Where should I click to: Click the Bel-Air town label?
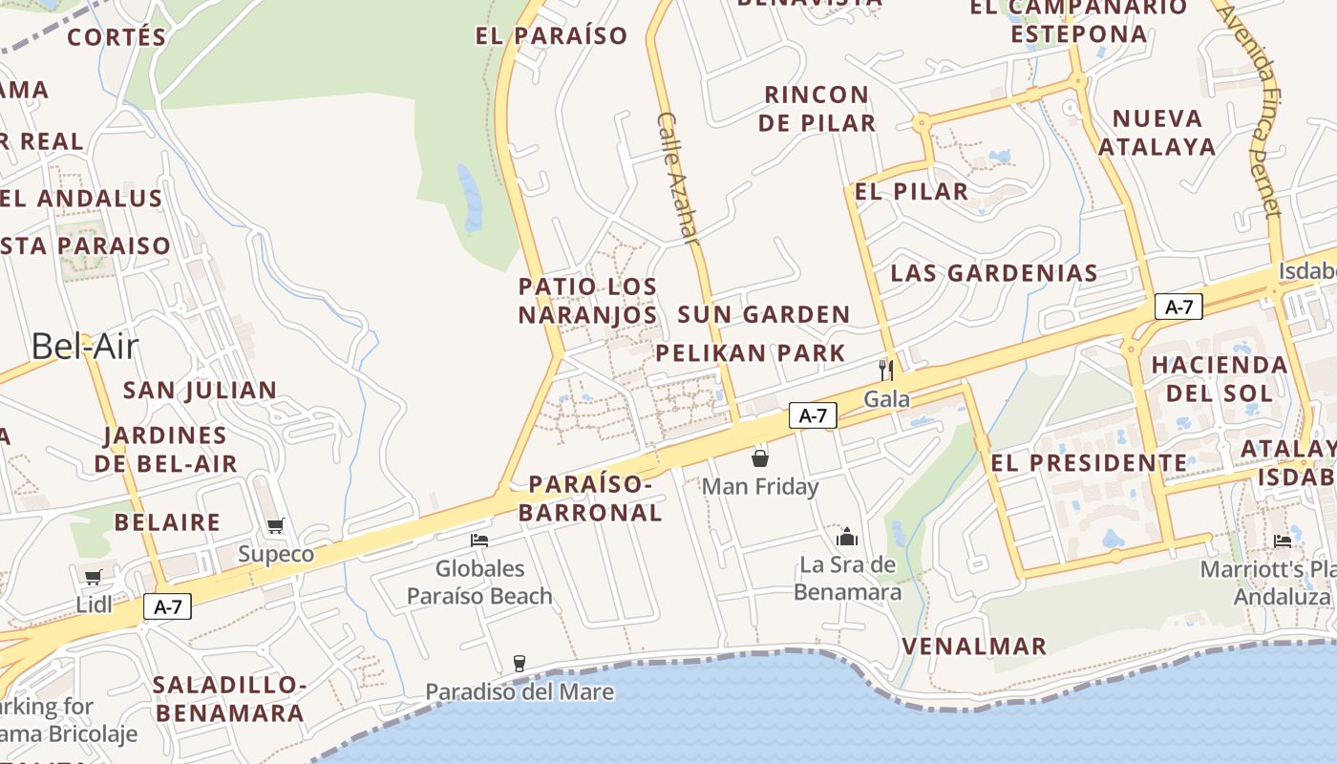coord(85,346)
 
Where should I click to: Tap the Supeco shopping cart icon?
coord(276,525)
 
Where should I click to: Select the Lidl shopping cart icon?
coord(94,577)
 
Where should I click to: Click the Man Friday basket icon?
coord(760,458)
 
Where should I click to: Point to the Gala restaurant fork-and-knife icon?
coord(886,370)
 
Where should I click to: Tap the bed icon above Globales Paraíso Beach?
coord(479,541)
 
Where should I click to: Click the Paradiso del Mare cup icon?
coord(520,663)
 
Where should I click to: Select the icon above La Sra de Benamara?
coord(847,537)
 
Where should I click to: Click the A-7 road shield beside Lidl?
coord(168,605)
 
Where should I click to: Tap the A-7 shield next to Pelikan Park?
coord(813,415)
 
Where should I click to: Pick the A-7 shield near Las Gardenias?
coord(1178,307)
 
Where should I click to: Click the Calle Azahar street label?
coord(679,178)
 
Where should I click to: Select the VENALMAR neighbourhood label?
coord(974,647)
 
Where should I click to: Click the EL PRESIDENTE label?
coord(1090,463)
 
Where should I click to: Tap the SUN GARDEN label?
coord(764,314)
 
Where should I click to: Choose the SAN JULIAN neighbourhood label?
coord(201,390)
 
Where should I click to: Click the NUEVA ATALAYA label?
coord(1157,133)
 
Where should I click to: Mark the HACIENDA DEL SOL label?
coord(1220,378)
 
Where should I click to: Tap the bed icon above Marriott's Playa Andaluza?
coord(1283,541)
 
